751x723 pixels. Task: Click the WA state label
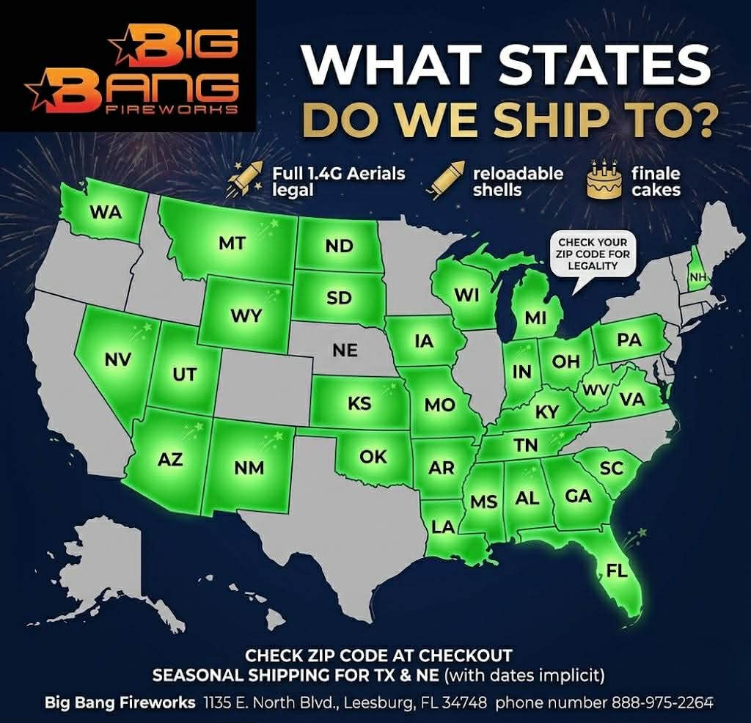[x=106, y=213]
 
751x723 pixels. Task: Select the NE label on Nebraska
[x=345, y=351]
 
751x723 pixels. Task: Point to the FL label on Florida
[x=617, y=569]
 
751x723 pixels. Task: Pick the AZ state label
[x=170, y=460]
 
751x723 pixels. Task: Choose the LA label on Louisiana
[x=443, y=526]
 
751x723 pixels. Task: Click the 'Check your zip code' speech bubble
[x=593, y=253]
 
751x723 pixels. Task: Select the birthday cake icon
[x=604, y=180]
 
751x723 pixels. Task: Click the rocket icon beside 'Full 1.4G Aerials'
[x=246, y=180]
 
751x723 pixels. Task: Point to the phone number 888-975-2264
[x=652, y=702]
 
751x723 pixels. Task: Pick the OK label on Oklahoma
[x=373, y=456]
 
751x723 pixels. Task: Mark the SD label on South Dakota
[x=340, y=298]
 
